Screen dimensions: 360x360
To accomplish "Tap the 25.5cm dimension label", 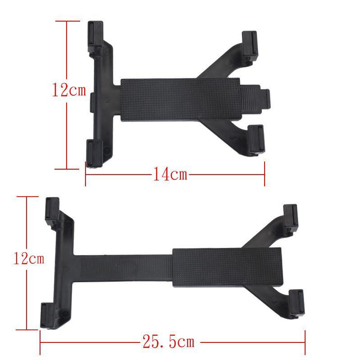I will click(169, 342).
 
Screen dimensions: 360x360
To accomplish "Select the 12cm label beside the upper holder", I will click(68, 90).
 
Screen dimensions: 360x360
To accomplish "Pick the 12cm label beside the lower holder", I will click(28, 258).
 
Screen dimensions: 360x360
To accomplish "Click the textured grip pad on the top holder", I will click(180, 99).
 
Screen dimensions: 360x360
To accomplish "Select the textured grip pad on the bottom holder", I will click(227, 268).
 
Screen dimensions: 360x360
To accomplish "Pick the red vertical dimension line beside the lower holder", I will click(27, 297).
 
